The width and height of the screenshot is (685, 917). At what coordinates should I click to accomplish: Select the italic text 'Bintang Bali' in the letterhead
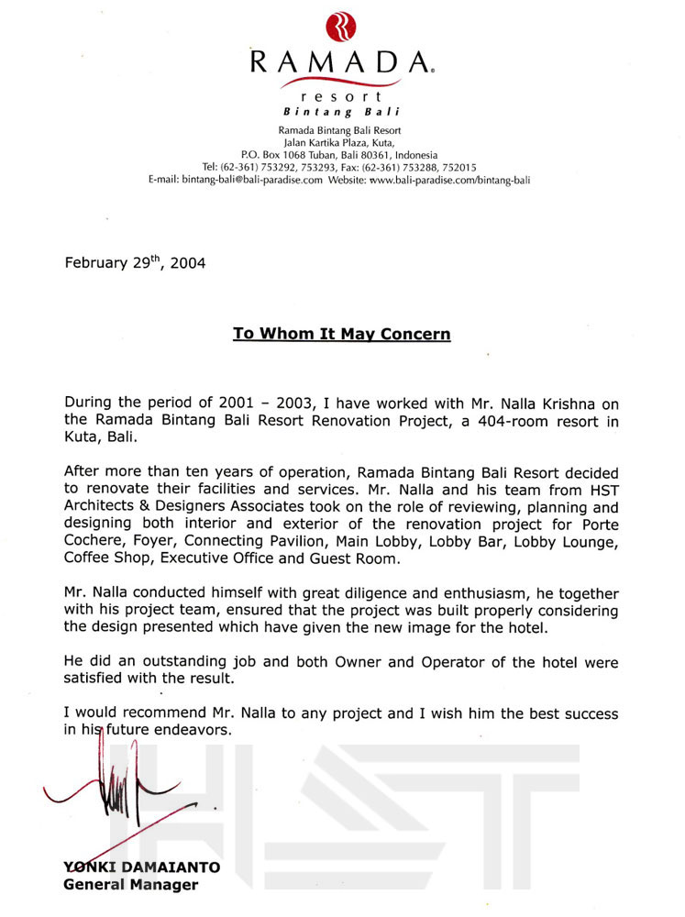click(341, 111)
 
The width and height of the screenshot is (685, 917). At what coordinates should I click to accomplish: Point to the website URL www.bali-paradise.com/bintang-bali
click(450, 180)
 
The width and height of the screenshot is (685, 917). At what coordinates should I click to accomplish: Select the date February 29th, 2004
click(135, 262)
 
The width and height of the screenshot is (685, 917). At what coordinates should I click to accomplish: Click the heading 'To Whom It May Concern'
click(341, 334)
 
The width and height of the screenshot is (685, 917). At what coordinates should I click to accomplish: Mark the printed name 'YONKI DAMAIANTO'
click(141, 867)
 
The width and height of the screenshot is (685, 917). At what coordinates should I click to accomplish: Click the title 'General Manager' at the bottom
click(130, 885)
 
